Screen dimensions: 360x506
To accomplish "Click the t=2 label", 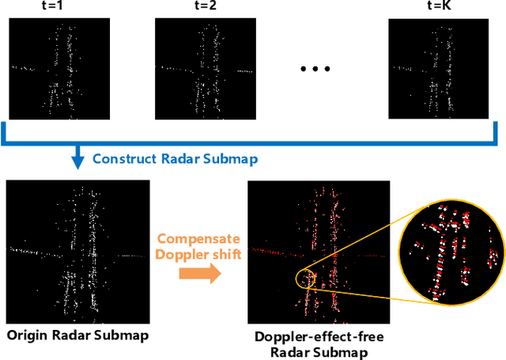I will (x=204, y=8).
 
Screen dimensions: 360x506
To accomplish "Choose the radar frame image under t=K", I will (x=438, y=68).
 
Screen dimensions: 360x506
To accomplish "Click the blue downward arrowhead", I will (x=77, y=161).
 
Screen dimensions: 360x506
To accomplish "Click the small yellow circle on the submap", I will (x=305, y=279).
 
